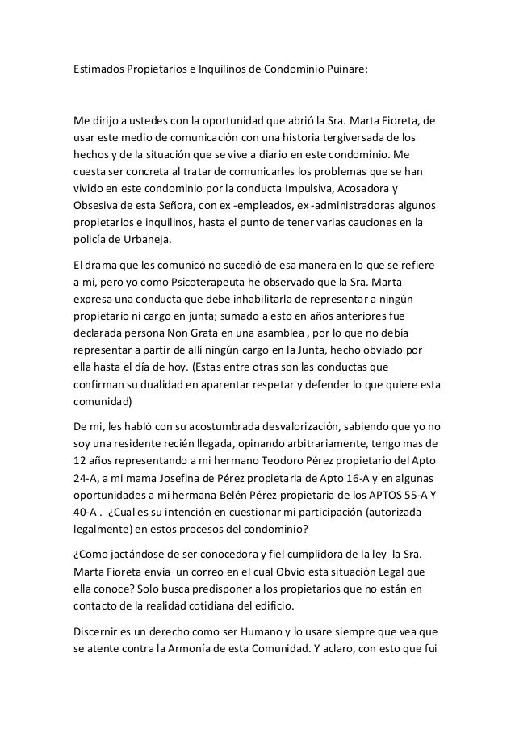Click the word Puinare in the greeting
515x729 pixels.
click(344, 69)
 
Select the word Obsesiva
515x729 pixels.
click(98, 206)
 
